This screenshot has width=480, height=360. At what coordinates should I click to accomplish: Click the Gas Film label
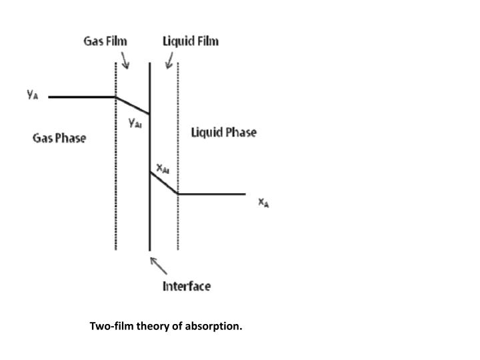pos(105,41)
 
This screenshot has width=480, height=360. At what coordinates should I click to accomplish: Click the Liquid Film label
pos(191,41)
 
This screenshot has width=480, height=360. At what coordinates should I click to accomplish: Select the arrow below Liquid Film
pos(169,61)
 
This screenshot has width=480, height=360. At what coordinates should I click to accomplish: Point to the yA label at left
pos(33,95)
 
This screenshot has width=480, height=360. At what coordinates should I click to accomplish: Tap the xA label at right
pos(264,202)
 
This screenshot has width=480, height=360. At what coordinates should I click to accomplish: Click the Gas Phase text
pos(59,139)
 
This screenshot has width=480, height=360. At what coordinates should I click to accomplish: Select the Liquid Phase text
pos(223,132)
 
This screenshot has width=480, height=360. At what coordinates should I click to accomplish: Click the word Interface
pos(187,286)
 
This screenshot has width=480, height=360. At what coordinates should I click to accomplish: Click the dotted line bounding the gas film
pos(116,200)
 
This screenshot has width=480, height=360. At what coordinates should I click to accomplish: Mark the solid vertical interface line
pos(149,213)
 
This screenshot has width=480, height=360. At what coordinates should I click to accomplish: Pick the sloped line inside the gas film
pos(133,105)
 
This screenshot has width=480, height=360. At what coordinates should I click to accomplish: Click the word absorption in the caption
pos(215,327)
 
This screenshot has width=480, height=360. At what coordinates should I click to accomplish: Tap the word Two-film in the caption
pos(111,327)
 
